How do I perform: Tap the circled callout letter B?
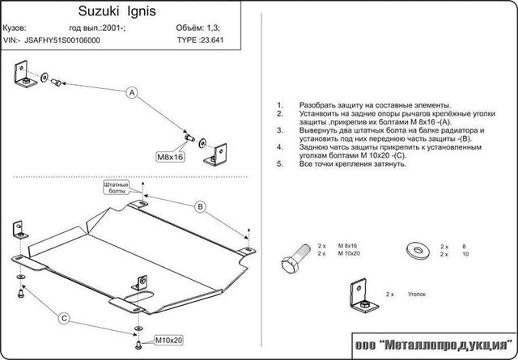[199, 208]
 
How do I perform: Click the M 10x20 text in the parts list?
[350, 254]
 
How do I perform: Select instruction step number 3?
[279, 129]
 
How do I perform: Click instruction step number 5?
[279, 163]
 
